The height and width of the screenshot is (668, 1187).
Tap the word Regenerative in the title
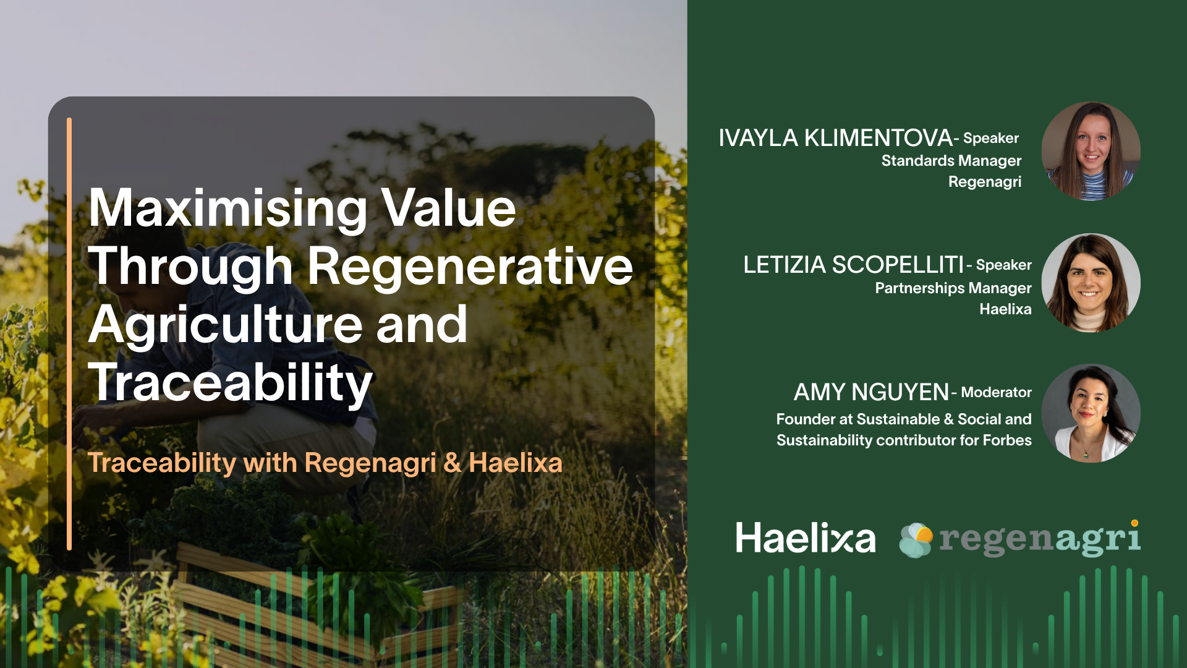(470, 267)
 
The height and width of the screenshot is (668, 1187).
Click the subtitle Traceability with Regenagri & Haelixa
(325, 463)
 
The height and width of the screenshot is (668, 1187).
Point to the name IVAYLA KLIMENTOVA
(835, 138)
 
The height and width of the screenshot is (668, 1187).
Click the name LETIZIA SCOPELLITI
(854, 265)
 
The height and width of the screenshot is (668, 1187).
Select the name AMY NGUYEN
(871, 392)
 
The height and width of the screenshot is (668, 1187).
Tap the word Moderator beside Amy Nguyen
(996, 392)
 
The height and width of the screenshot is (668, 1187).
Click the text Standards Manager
(951, 161)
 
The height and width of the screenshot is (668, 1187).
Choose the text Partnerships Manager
(953, 288)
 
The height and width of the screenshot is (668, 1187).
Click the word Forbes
(1007, 440)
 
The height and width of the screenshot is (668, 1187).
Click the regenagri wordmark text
(1040, 539)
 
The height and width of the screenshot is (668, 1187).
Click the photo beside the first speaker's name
(1091, 151)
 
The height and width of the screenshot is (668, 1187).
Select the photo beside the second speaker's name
(1091, 283)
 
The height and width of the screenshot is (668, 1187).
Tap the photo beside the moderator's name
(1091, 413)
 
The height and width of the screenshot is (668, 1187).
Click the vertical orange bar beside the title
(69, 334)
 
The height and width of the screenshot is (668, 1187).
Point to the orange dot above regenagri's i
(1134, 523)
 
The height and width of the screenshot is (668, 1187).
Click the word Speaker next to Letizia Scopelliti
(1004, 265)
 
